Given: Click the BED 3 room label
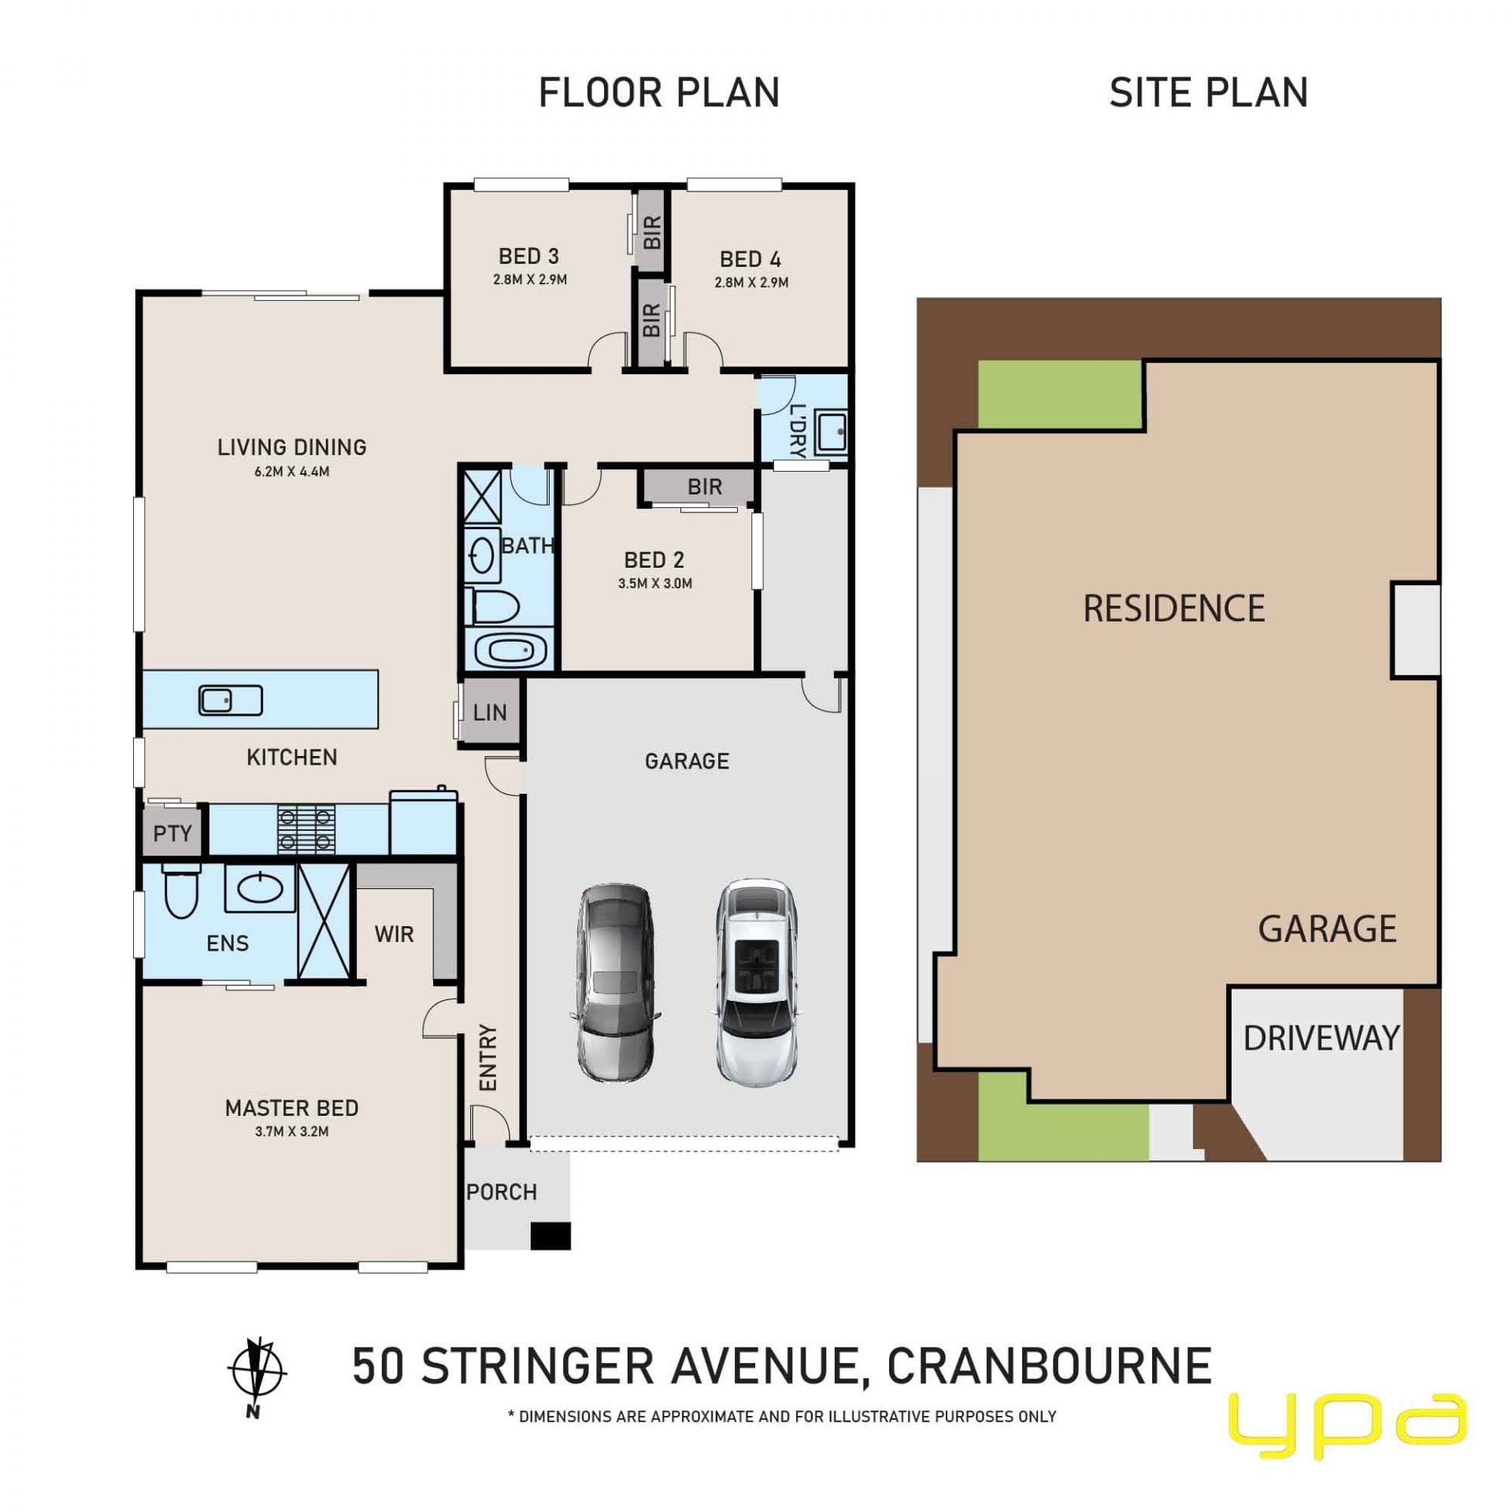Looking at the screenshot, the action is pyautogui.click(x=528, y=256).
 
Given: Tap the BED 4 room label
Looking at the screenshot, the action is pyautogui.click(x=750, y=259).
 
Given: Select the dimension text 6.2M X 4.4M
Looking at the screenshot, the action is pyautogui.click(x=291, y=472).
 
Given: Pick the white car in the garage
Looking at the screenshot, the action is pyautogui.click(x=757, y=983).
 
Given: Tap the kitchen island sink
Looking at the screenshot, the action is pyautogui.click(x=230, y=700).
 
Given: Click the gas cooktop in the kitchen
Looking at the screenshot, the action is pyautogui.click(x=306, y=828).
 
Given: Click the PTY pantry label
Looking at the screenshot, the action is pyautogui.click(x=172, y=833).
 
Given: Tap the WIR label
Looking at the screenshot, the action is pyautogui.click(x=394, y=934).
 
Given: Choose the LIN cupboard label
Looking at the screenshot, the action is pyautogui.click(x=490, y=713).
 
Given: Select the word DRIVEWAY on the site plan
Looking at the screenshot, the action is pyautogui.click(x=1321, y=1038).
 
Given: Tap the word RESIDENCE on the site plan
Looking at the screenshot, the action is pyautogui.click(x=1173, y=609).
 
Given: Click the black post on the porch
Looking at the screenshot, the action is pyautogui.click(x=550, y=1236).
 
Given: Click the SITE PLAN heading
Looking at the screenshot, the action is pyautogui.click(x=1209, y=93).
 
